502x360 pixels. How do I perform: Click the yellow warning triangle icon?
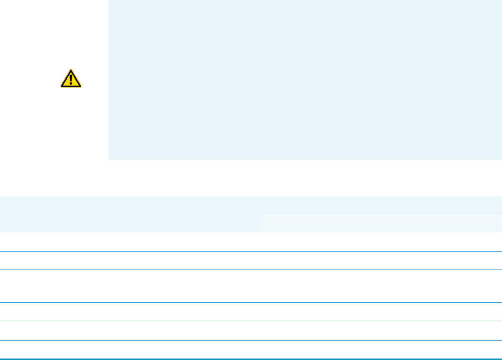click(71, 79)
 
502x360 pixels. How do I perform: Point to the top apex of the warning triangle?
click(71, 70)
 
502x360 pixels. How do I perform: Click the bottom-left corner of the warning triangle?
click(61, 88)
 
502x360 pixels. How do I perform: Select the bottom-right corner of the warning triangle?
click(81, 88)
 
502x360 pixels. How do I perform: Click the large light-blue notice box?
click(305, 80)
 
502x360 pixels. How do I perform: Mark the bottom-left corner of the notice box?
click(109, 159)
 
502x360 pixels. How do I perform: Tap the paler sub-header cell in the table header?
click(380, 223)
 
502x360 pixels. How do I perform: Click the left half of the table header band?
click(129, 214)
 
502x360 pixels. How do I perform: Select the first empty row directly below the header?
click(251, 242)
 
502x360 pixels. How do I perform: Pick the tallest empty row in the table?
click(251, 286)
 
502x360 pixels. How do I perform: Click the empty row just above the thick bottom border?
click(251, 349)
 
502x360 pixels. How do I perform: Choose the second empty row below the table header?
click(251, 261)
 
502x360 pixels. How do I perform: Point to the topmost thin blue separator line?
click(251, 251)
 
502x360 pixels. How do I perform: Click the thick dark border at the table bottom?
click(251, 359)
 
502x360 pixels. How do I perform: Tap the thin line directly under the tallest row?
click(251, 302)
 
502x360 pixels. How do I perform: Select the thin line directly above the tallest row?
click(251, 270)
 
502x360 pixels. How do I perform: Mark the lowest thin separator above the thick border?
click(251, 340)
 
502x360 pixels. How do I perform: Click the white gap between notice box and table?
click(251, 178)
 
